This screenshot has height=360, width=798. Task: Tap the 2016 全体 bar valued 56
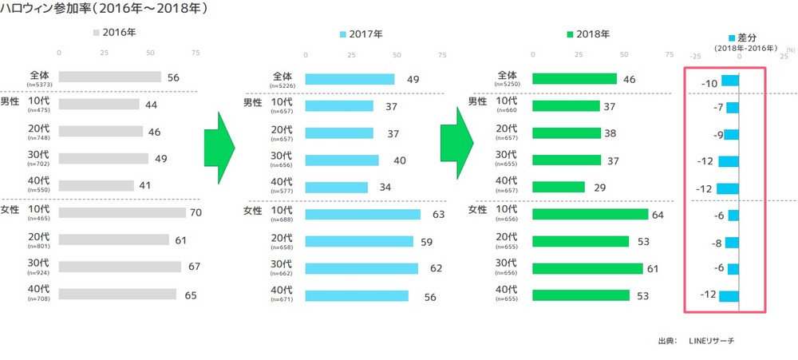coord(110,77)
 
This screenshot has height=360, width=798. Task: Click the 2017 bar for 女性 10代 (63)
coord(363,214)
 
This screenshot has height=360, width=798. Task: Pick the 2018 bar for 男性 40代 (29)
coord(558,187)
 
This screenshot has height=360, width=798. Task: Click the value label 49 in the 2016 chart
coord(160,159)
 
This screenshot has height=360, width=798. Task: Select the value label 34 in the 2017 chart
coord(384,187)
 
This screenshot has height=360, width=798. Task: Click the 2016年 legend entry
coord(115,34)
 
